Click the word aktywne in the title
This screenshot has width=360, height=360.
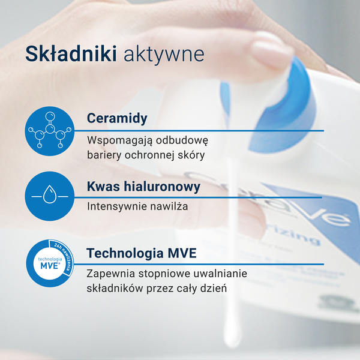click(x=164, y=54)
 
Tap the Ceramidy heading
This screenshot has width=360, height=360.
click(x=117, y=118)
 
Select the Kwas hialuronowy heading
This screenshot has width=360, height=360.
click(x=143, y=187)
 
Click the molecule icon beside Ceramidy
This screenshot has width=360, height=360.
click(x=50, y=131)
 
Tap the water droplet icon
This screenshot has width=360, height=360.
click(x=50, y=196)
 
